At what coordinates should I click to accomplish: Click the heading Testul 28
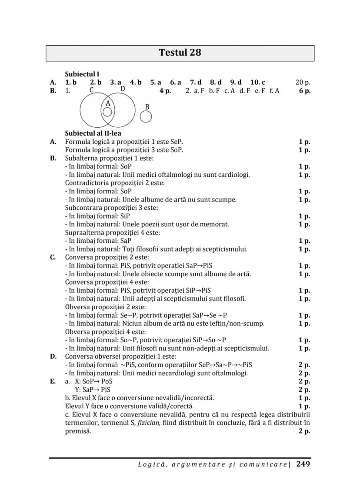(x=180, y=53)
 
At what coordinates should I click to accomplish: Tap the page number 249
(x=303, y=464)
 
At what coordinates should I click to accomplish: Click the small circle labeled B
(x=147, y=116)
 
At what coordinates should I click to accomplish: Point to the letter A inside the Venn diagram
(x=108, y=103)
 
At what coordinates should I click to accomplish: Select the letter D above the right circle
(x=123, y=89)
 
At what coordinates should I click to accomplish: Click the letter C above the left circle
(x=92, y=90)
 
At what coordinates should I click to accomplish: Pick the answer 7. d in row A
(x=196, y=82)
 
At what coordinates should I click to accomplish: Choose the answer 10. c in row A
(x=257, y=82)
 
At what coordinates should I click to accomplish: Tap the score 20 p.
(x=303, y=82)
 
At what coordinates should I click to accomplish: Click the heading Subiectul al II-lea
(x=93, y=133)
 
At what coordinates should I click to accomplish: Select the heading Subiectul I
(x=82, y=74)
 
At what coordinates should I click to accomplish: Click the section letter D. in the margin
(x=53, y=357)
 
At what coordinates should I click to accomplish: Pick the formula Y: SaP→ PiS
(x=93, y=390)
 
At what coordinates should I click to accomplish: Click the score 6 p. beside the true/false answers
(x=304, y=91)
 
